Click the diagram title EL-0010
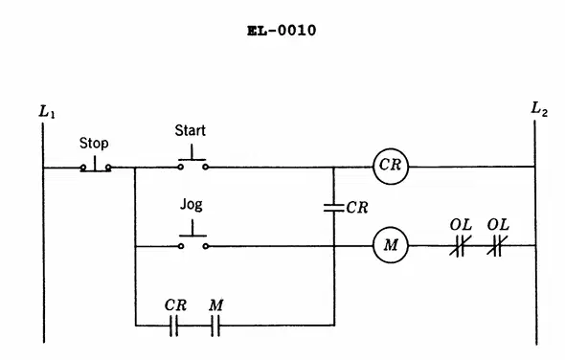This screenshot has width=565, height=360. click(x=282, y=31)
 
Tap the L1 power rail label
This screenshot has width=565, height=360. click(x=47, y=111)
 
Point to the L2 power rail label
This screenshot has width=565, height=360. click(x=539, y=109)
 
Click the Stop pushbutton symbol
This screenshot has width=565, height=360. click(x=96, y=165)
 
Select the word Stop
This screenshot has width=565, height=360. click(x=94, y=143)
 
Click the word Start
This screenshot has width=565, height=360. click(x=191, y=130)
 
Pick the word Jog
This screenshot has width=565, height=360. click(x=191, y=205)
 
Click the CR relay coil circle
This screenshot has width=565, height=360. click(x=391, y=167)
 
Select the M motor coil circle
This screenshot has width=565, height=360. click(x=391, y=245)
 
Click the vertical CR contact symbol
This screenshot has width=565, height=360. click(x=333, y=208)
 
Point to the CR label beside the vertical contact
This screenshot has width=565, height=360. click(x=357, y=208)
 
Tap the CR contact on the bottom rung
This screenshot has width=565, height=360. click(x=173, y=326)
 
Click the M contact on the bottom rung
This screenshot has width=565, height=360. click(x=215, y=326)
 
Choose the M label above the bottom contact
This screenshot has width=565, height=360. click(x=215, y=305)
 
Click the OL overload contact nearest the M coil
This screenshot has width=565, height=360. click(x=460, y=246)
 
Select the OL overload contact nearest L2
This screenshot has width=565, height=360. click(x=497, y=246)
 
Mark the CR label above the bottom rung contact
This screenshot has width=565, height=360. click(x=175, y=305)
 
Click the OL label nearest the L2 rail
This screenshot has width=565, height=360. click(x=498, y=225)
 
